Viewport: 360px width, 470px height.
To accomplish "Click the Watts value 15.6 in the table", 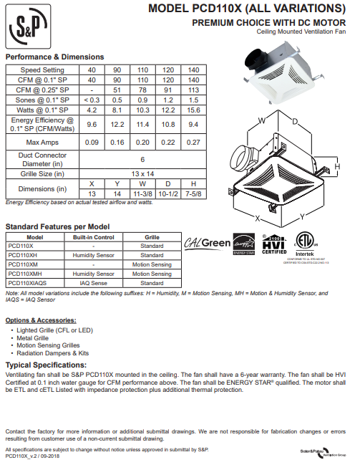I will [x=193, y=110].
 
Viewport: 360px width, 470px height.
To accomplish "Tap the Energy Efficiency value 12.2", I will [x=117, y=125].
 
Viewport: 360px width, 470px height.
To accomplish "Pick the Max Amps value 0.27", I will [x=193, y=143].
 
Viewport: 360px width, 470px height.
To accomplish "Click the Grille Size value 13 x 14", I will [x=142, y=174].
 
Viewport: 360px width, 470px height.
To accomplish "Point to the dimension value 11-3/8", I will [x=142, y=194].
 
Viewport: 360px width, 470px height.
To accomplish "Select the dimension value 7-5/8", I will [x=193, y=194].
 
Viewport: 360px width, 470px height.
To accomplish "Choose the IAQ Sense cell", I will [x=93, y=283].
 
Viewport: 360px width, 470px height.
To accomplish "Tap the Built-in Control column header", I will [x=93, y=236].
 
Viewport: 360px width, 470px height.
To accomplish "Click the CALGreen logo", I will [x=208, y=244].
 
